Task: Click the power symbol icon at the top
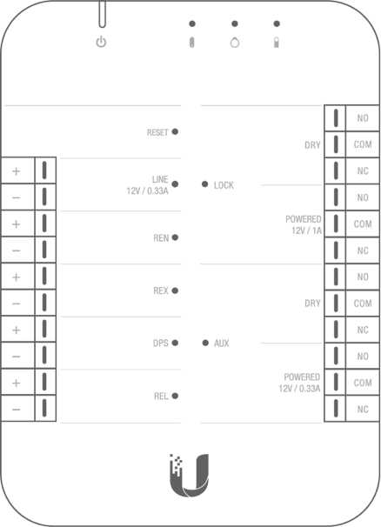101,43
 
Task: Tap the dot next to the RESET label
175,131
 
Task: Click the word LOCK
224,185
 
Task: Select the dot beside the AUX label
205,343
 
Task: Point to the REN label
161,238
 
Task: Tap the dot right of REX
175,290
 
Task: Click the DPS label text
161,343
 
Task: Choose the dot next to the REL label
175,396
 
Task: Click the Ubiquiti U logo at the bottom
189,476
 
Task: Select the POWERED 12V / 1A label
304,225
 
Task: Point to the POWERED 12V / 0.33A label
299,383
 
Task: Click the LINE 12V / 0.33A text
148,185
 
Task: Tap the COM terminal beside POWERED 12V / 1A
363,223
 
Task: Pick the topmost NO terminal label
363,118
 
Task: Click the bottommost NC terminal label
363,409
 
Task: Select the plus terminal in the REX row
17,277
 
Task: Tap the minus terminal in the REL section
17,409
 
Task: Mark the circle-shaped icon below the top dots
235,43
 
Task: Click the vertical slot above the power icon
103,14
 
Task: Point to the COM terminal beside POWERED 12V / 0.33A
363,383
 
